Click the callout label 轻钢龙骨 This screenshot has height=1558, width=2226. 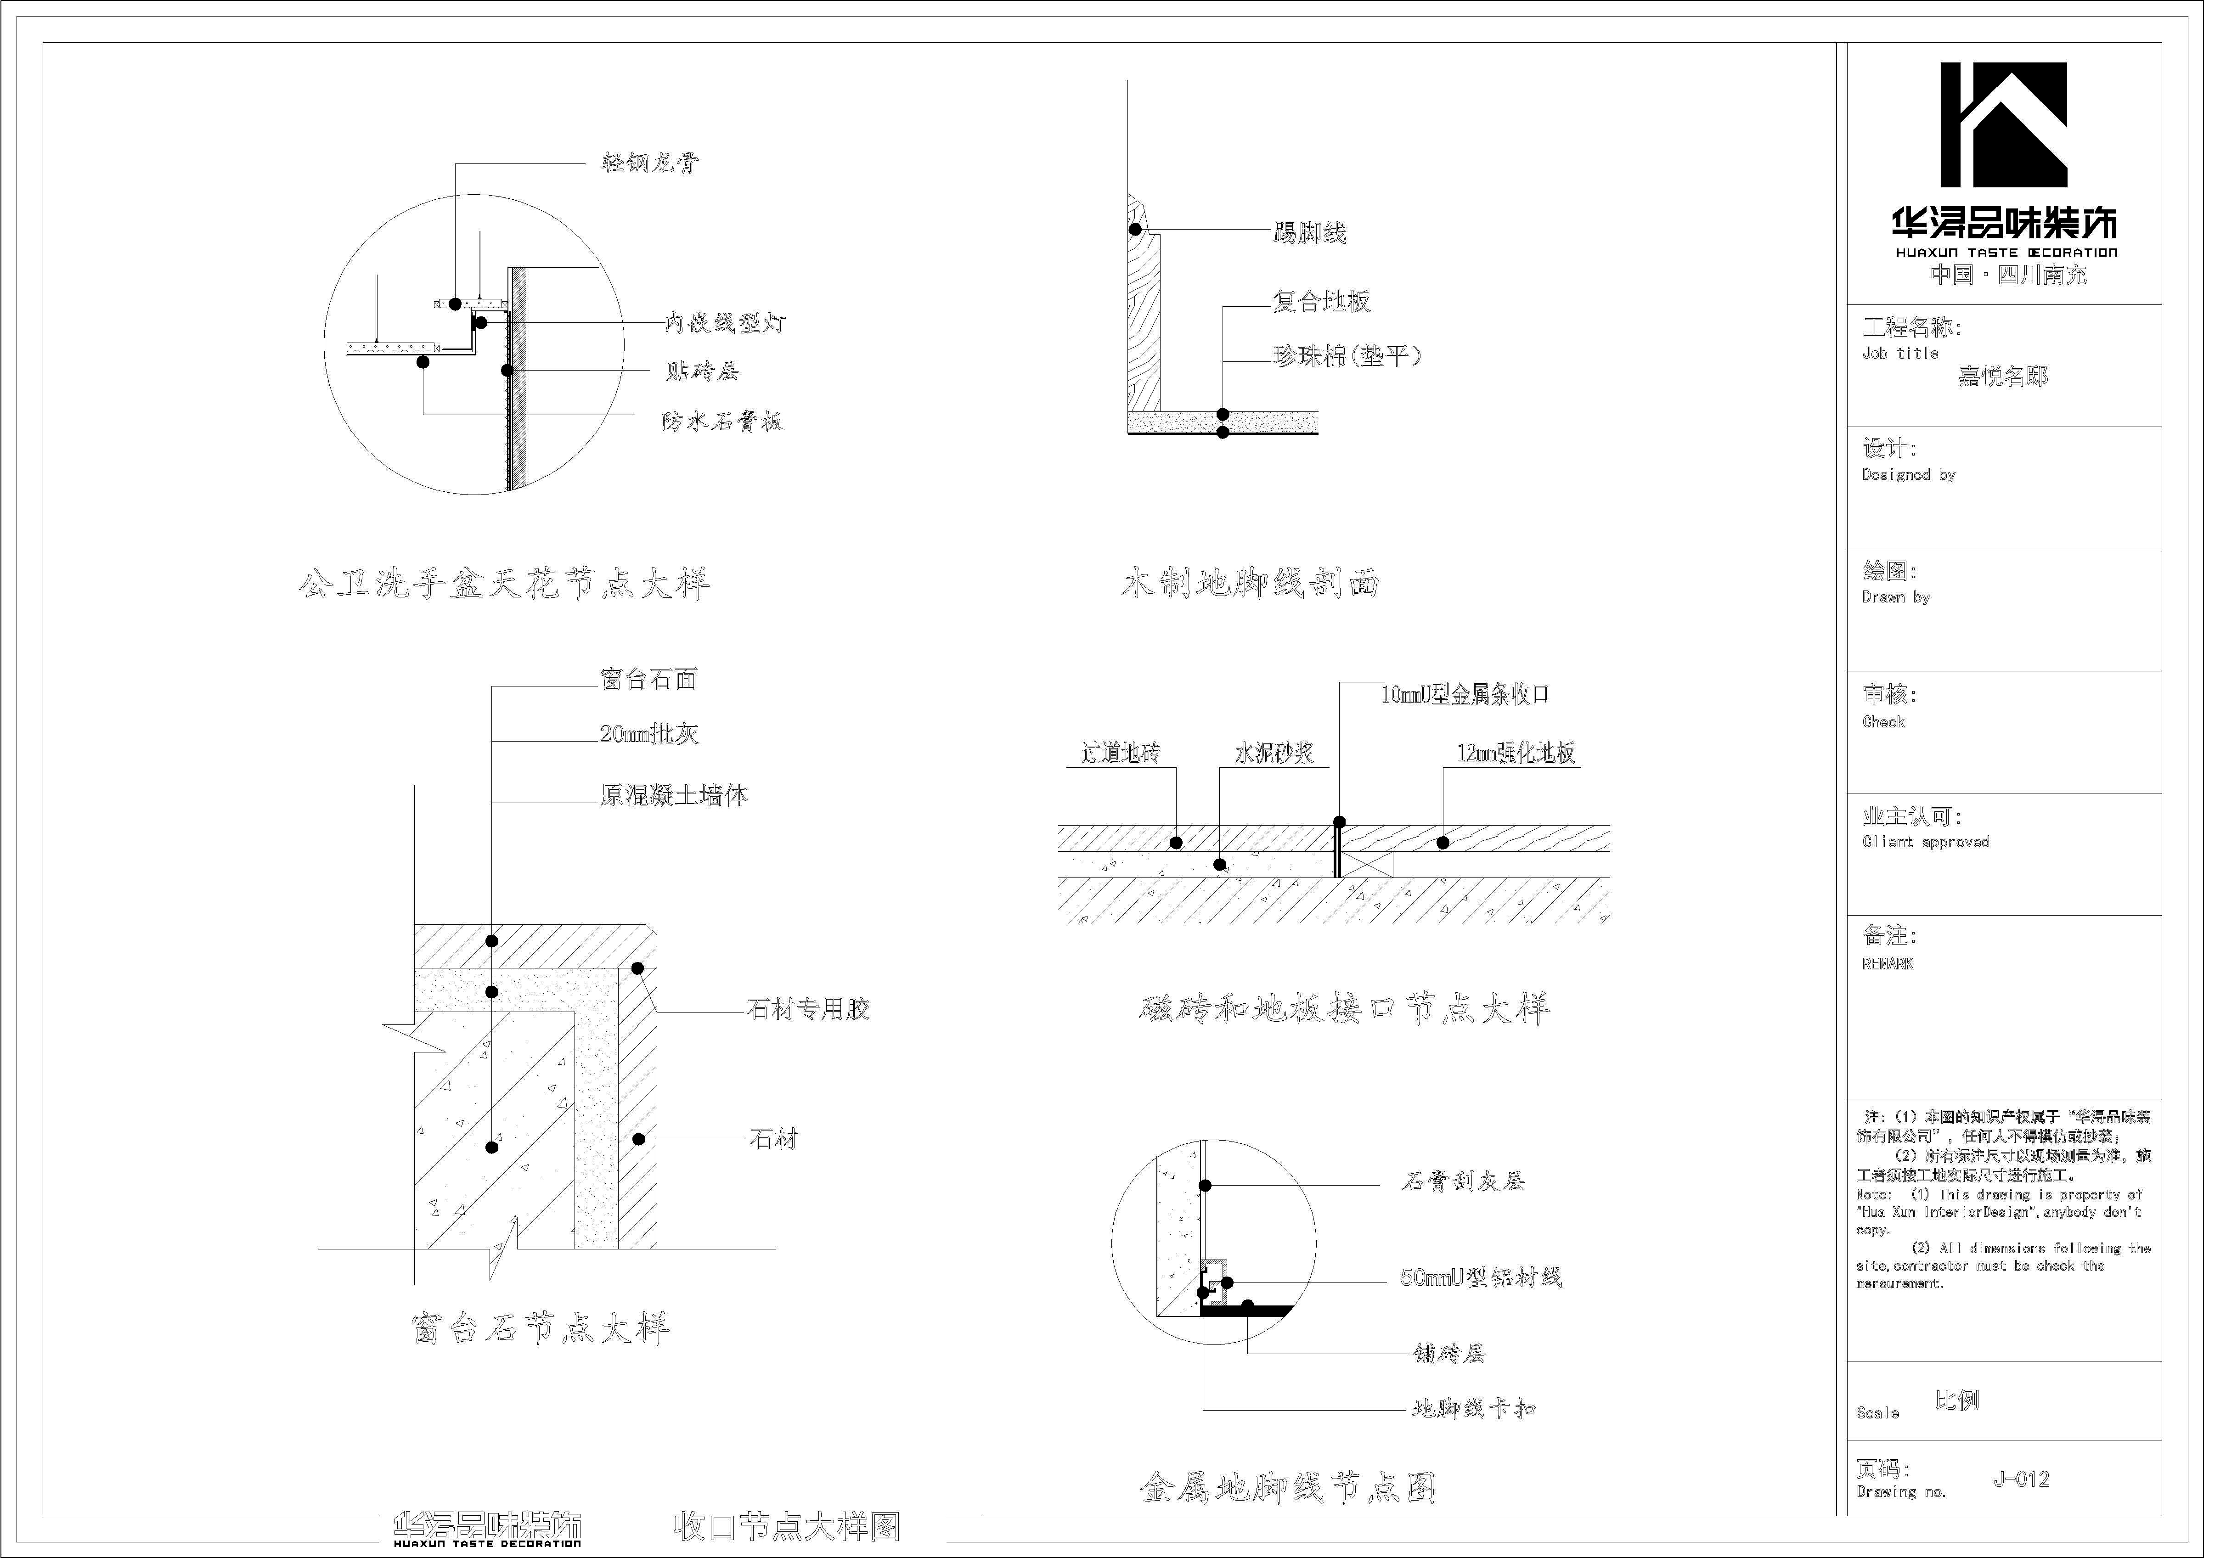[648, 163]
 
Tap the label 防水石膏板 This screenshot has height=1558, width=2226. [722, 422]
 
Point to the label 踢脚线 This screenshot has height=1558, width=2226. [1309, 233]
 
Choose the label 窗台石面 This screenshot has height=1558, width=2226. [648, 680]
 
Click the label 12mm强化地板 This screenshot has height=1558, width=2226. [1516, 754]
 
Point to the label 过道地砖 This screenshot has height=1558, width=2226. [1120, 754]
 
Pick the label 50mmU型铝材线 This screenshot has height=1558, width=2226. [1481, 1278]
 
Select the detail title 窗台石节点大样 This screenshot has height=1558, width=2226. [540, 1328]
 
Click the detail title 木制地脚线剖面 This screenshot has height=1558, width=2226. [1250, 584]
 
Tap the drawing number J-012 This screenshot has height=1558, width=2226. [2022, 1479]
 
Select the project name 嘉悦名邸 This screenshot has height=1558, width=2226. [2003, 376]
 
